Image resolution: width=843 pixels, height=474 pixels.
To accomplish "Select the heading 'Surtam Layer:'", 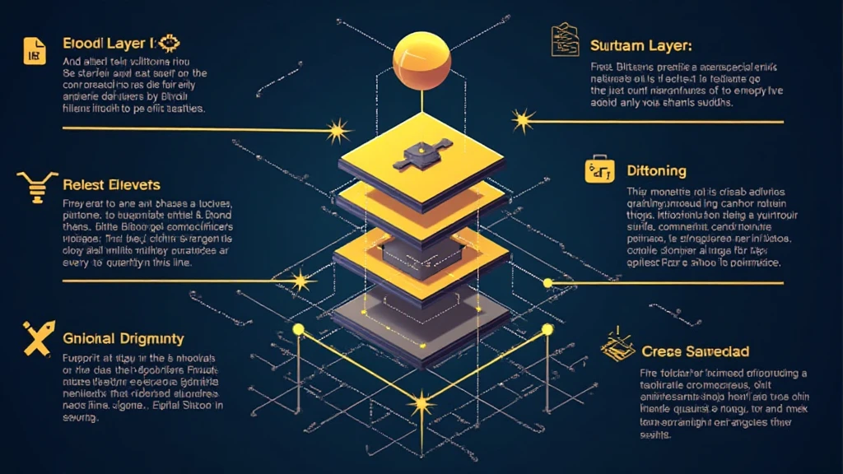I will pyautogui.click(x=640, y=45).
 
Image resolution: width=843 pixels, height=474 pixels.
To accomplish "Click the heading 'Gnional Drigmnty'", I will pyautogui.click(x=123, y=338).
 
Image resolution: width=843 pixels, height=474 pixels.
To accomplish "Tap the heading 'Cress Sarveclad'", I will pyautogui.click(x=695, y=351).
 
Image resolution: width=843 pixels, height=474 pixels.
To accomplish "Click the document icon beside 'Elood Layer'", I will pyautogui.click(x=34, y=50).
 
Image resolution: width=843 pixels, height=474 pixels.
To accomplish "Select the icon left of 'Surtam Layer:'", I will pyautogui.click(x=565, y=41).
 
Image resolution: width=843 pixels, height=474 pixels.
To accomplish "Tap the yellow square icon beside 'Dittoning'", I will pyautogui.click(x=598, y=170).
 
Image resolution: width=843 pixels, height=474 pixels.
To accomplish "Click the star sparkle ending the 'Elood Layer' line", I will pyautogui.click(x=336, y=130).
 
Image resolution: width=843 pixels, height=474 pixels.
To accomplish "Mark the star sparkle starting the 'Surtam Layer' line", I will pyautogui.click(x=522, y=121).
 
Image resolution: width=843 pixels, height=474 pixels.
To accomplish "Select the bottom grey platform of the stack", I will pyautogui.click(x=421, y=317).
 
